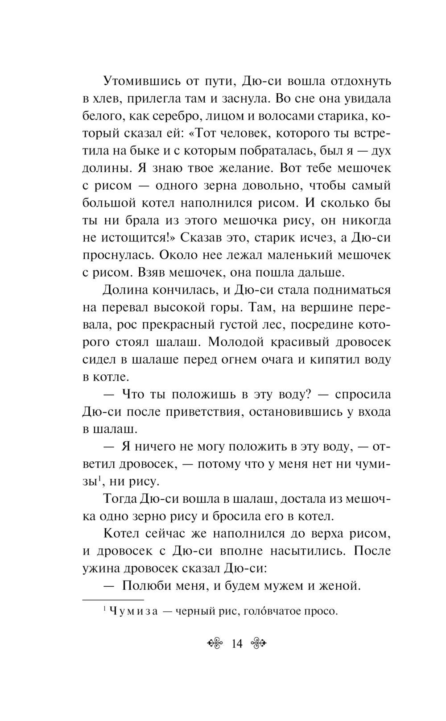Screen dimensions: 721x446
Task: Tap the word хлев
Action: [x=110, y=99]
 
